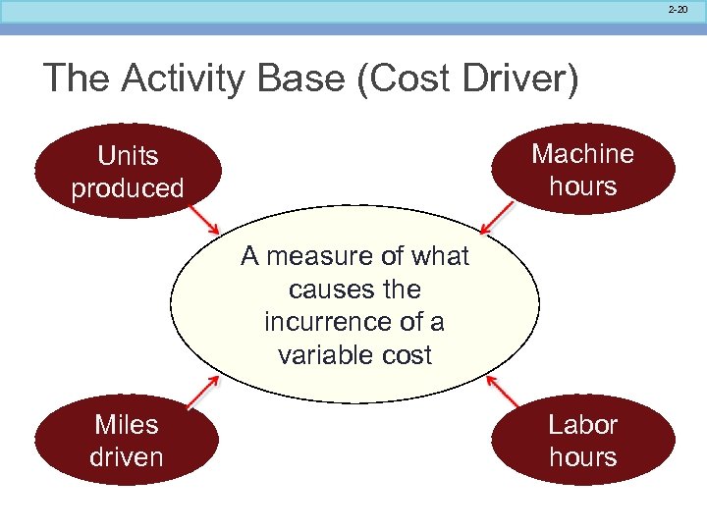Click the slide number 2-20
[677, 9]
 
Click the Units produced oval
[127, 172]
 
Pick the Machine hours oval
[583, 169]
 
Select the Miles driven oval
[127, 440]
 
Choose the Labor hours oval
[583, 440]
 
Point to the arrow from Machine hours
[498, 218]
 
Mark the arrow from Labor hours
[504, 392]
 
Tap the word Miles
[127, 424]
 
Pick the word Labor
[583, 424]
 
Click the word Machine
[583, 153]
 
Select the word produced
[128, 187]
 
